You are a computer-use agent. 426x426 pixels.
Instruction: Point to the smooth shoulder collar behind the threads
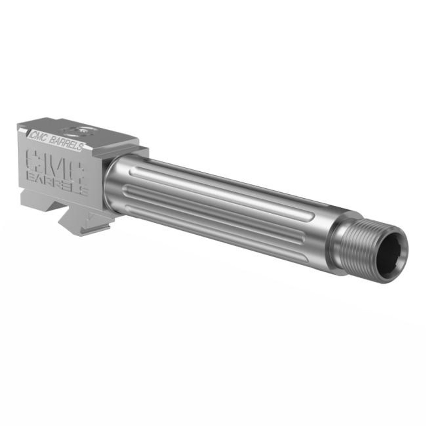[x=339, y=230]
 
